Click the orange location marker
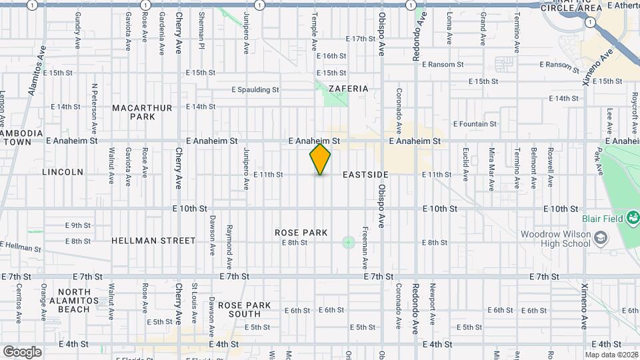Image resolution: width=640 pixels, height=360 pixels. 320,159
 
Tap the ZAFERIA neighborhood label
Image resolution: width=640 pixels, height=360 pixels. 344,88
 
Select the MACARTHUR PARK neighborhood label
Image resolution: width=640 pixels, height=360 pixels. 142,112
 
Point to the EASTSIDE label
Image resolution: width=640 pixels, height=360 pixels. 365,175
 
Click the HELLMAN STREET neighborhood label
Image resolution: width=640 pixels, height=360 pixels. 153,241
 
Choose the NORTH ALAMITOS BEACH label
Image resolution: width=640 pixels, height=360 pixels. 73,301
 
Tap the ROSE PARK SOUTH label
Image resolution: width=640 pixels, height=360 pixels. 249,309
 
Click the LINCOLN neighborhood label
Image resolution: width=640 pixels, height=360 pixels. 63,172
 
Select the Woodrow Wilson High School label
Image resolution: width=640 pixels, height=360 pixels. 555,239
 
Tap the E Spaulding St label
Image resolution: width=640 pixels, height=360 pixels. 255,89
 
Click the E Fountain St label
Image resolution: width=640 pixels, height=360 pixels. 475,124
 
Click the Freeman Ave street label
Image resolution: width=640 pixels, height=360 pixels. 366,242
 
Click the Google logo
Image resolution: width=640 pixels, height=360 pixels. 22,351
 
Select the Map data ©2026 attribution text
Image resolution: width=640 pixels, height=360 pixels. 611,355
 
